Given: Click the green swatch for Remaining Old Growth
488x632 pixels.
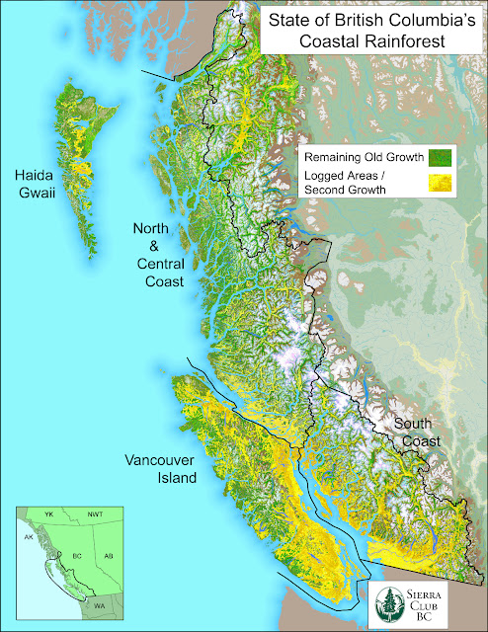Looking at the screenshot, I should tap(441, 157).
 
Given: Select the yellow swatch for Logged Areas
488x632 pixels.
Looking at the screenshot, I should tap(441, 181).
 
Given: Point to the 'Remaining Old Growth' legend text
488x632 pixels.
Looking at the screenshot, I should tap(365, 157).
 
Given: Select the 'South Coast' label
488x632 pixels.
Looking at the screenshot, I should tap(417, 433).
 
